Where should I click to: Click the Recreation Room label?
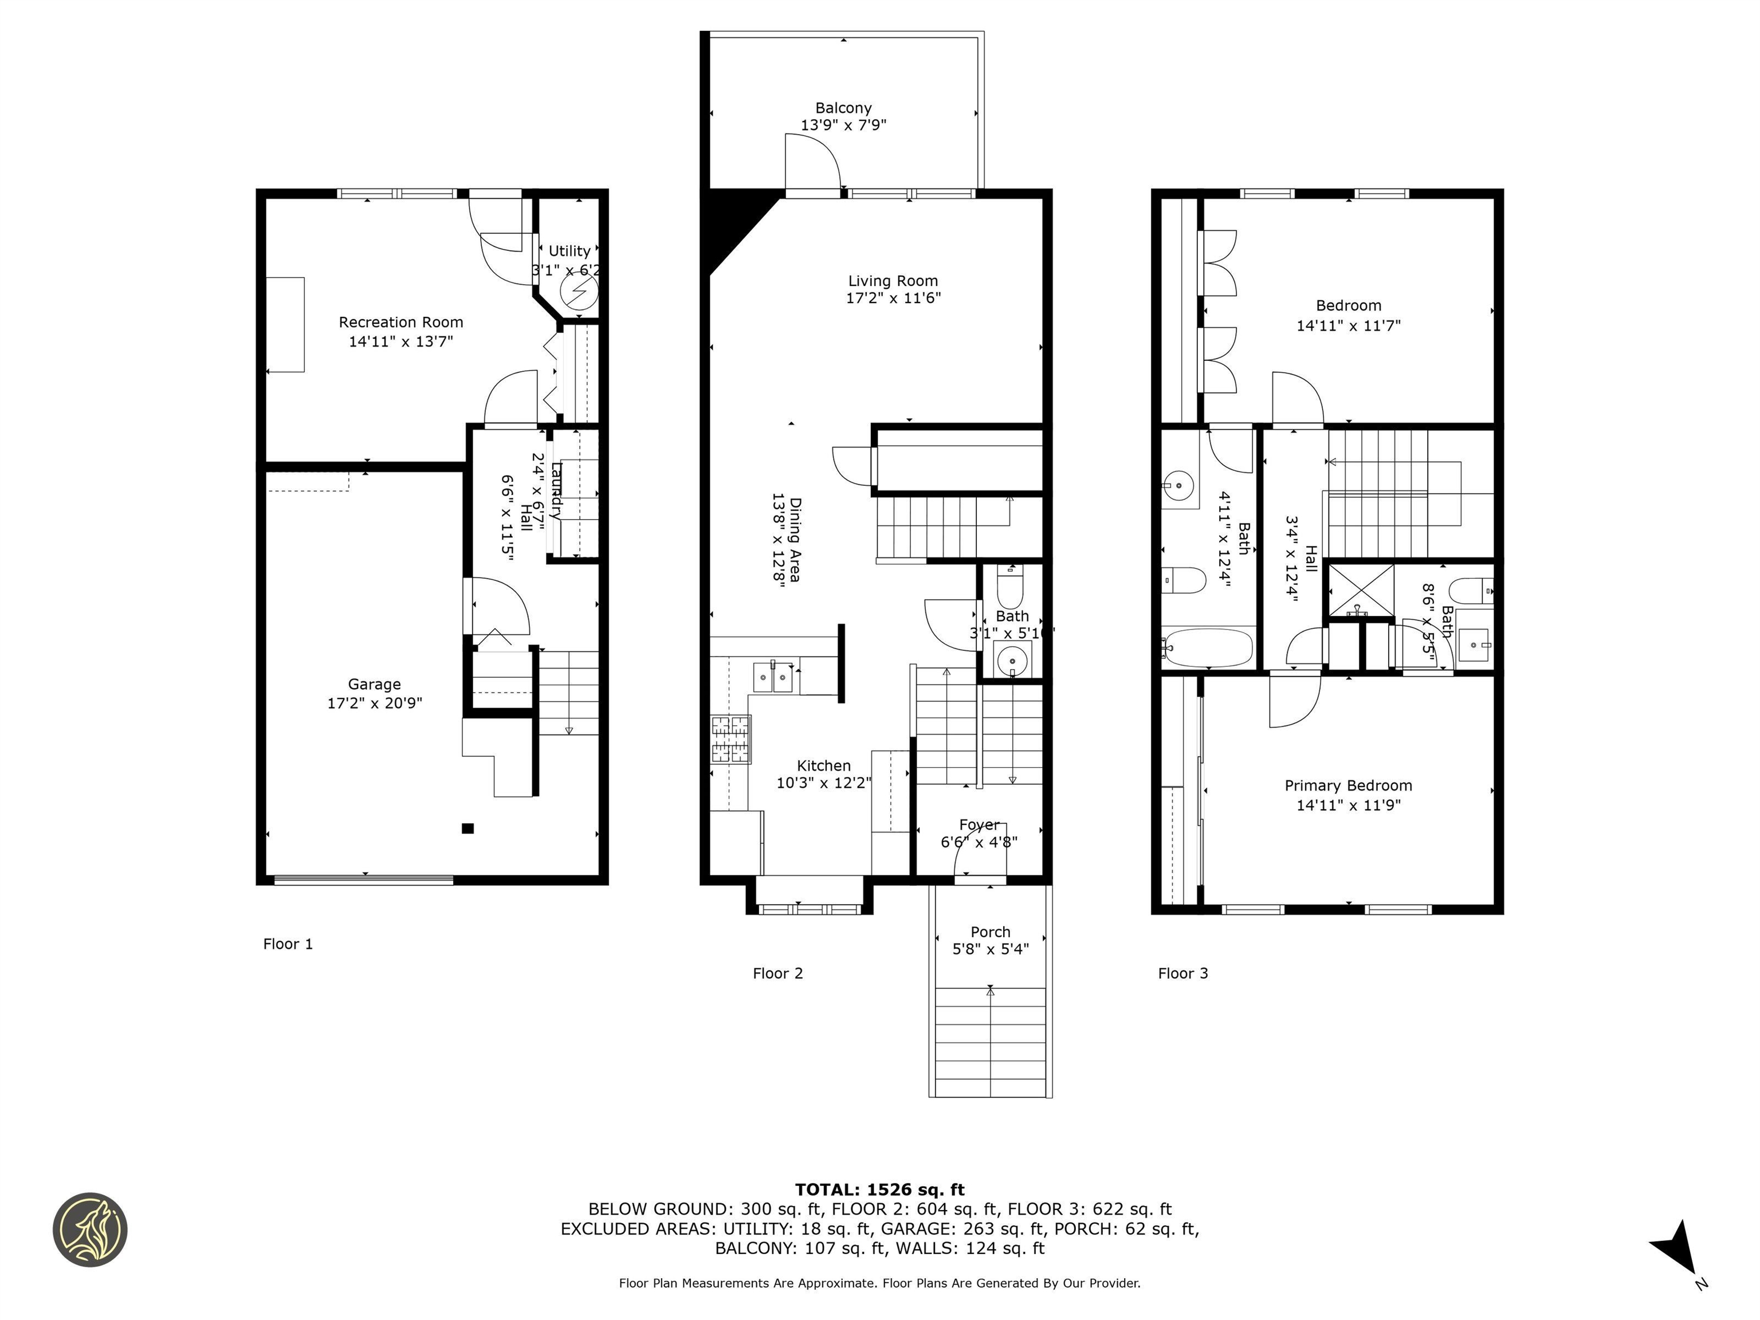400,322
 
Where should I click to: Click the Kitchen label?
823,765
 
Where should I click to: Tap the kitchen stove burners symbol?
730,739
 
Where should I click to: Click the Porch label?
990,932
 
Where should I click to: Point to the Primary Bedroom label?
1348,785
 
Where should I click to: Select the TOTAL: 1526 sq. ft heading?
879,1189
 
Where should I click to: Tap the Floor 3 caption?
1182,973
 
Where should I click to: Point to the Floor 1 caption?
288,944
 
